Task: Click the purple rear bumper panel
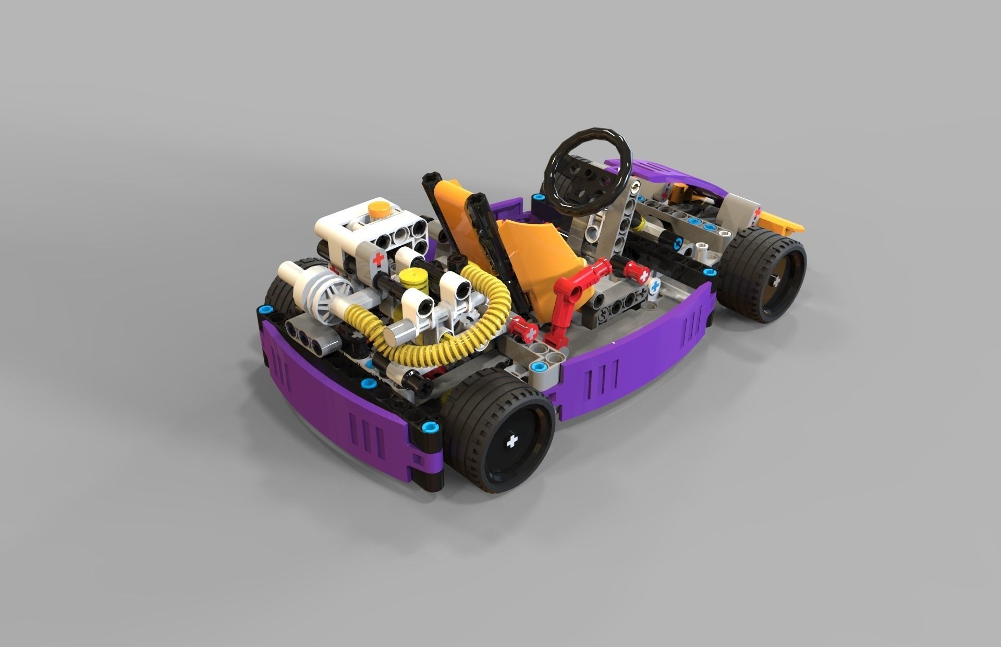334,397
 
